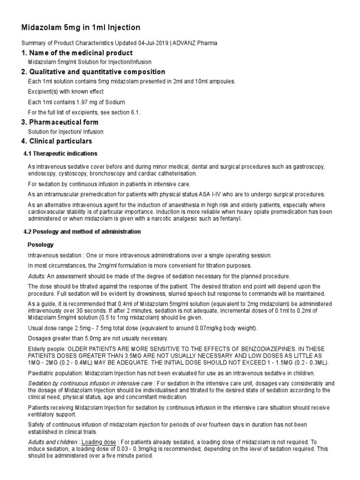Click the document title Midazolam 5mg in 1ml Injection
(x=81, y=28)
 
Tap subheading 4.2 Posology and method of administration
(x=82, y=232)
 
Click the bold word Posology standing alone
(x=41, y=245)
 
